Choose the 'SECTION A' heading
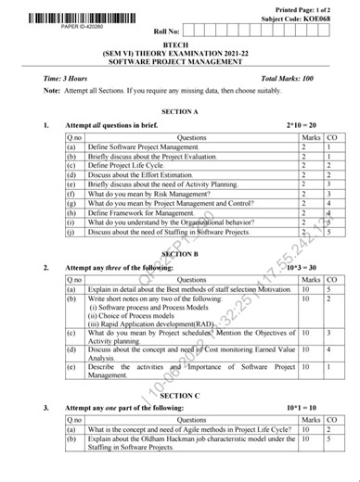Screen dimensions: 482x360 coord(179,110)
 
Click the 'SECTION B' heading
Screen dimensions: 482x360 coord(179,253)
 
